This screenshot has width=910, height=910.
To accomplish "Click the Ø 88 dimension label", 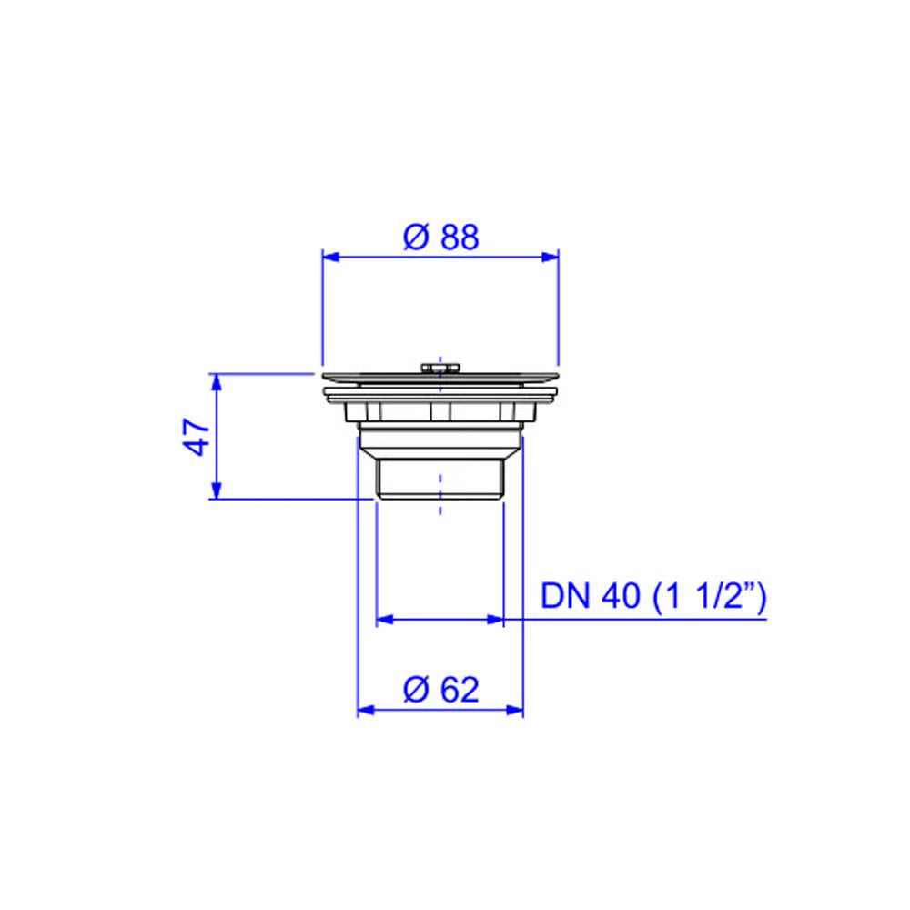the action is point(441,237).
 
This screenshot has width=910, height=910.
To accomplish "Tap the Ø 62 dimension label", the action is point(441,690).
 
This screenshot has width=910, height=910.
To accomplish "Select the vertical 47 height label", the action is point(197,437).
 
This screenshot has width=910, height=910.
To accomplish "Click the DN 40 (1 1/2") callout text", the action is point(653,596).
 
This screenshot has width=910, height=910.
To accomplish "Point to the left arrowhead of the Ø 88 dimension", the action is point(331,258).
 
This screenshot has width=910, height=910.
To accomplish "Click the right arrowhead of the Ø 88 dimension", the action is point(551,258).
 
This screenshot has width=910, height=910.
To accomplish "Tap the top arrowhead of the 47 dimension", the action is point(217,382).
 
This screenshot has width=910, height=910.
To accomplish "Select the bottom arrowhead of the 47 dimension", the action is point(217,490).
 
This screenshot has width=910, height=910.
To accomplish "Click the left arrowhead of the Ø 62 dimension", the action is point(366,710).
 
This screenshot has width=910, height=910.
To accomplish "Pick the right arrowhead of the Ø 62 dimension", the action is point(515,710).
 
